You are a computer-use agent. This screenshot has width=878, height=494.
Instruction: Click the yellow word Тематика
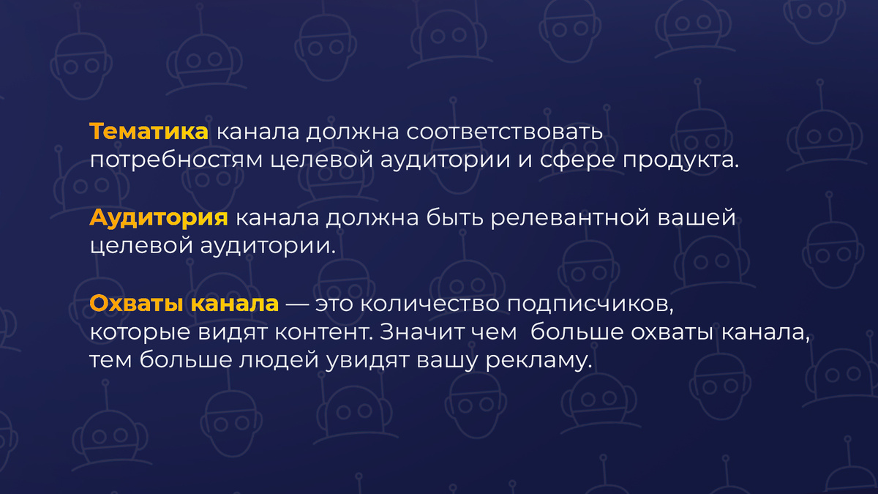tap(149, 133)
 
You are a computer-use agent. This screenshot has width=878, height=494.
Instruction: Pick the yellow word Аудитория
tap(159, 218)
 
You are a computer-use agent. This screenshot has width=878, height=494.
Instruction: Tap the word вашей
tap(697, 218)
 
